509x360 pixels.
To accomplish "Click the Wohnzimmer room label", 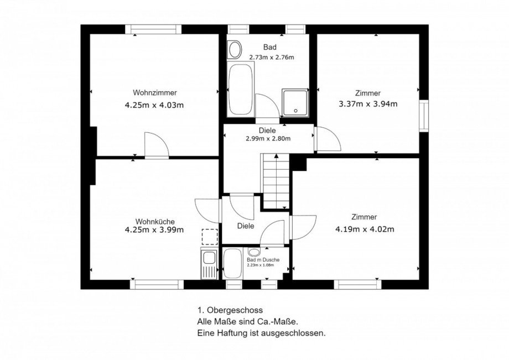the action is click(155, 93).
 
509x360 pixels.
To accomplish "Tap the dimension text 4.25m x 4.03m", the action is click(154, 105).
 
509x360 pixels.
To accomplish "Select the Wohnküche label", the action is click(155, 222).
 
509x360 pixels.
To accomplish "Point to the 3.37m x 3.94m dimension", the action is click(368, 104).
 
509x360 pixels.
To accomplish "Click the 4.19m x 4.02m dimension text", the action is click(365, 229).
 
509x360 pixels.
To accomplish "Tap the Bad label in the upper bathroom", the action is click(270, 48).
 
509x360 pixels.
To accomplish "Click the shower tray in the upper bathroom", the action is click(295, 102).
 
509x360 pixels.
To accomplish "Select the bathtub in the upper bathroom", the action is click(241, 89).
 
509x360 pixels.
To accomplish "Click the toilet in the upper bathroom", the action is click(235, 50).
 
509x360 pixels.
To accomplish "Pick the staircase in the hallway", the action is click(276, 181).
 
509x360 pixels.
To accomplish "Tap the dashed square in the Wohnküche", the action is click(210, 237).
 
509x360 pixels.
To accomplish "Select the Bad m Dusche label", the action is click(263, 260).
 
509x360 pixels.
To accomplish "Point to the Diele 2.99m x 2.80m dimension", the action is click(268, 139).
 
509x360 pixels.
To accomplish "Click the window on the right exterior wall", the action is click(424, 116).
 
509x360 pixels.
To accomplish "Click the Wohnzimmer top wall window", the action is click(153, 29).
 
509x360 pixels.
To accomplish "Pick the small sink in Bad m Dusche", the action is click(254, 252).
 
